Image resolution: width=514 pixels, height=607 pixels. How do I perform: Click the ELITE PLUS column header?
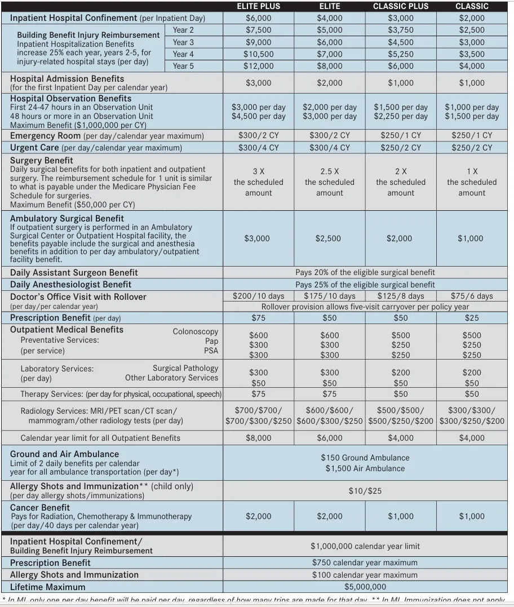pyautogui.click(x=259, y=6)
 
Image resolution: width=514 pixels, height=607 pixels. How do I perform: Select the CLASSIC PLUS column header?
pyautogui.click(x=401, y=6)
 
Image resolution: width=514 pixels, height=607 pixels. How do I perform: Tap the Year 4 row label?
pyautogui.click(x=183, y=54)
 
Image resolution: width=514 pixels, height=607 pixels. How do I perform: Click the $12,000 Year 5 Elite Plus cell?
pyautogui.click(x=259, y=66)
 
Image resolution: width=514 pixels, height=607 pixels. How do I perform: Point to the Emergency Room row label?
pyautogui.click(x=46, y=136)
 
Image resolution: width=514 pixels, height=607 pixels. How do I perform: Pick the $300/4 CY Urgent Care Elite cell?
pyautogui.click(x=330, y=148)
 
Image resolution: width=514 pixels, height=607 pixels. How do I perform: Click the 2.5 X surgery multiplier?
pyautogui.click(x=330, y=171)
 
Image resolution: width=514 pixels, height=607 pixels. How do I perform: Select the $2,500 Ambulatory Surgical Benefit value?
pyautogui.click(x=328, y=238)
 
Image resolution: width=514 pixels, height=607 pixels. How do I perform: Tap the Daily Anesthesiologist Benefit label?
pyautogui.click(x=70, y=285)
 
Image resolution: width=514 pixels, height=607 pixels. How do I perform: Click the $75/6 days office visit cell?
pyautogui.click(x=472, y=296)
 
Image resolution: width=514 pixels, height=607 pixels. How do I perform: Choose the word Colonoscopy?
pyautogui.click(x=195, y=331)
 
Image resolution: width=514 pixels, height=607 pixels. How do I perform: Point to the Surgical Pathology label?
pyautogui.click(x=185, y=368)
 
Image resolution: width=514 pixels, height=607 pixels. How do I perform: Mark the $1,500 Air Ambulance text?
pyautogui.click(x=365, y=468)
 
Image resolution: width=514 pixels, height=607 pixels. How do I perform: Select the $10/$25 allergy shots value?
pyautogui.click(x=365, y=491)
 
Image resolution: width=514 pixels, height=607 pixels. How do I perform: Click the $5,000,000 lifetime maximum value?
pyautogui.click(x=365, y=587)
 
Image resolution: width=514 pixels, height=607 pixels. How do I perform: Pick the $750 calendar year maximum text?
pyautogui.click(x=365, y=562)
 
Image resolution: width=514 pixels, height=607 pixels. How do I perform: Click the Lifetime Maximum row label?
pyautogui.click(x=48, y=587)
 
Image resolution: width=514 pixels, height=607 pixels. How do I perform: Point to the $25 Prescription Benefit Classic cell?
pyautogui.click(x=472, y=318)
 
